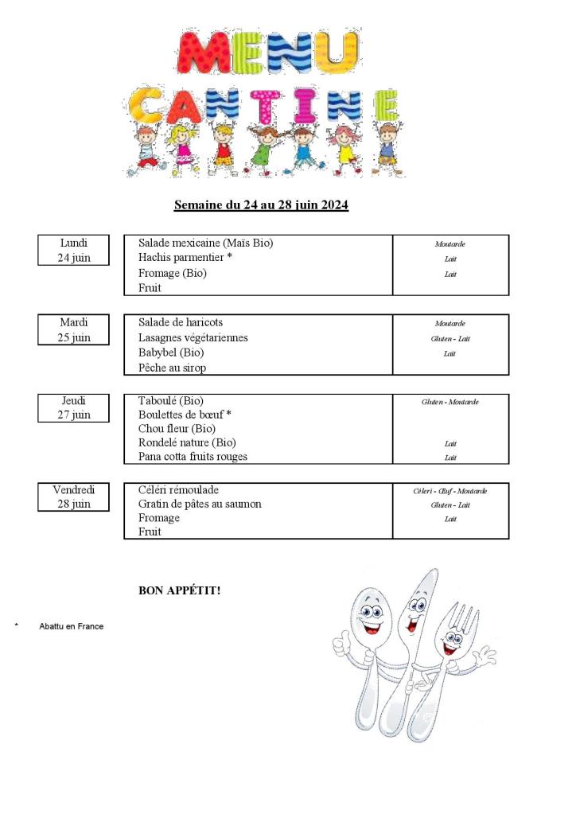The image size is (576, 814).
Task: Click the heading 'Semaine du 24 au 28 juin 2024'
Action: coord(261,205)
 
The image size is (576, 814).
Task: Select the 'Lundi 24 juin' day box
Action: coord(73,250)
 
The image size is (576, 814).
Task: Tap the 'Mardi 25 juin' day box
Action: coord(73,329)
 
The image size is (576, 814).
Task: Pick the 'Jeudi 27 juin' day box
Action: coord(73,407)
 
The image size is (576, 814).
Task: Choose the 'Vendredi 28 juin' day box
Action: coord(73,497)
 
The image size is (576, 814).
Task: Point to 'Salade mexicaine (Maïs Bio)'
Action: coord(211,243)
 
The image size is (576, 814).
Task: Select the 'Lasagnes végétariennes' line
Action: coord(193,337)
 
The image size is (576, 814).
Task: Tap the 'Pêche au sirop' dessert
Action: coord(172,368)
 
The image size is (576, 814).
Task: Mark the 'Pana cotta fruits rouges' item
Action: coord(193,457)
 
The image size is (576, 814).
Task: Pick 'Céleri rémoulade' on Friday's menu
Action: coord(178,490)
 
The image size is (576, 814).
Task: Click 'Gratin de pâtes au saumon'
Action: coord(200,504)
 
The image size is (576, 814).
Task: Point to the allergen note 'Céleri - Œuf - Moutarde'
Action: coord(450,491)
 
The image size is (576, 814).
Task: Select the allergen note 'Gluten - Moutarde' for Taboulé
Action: coord(450,402)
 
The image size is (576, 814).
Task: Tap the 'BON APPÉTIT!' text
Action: coord(180,590)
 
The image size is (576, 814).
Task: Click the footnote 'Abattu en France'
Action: coord(71,626)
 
